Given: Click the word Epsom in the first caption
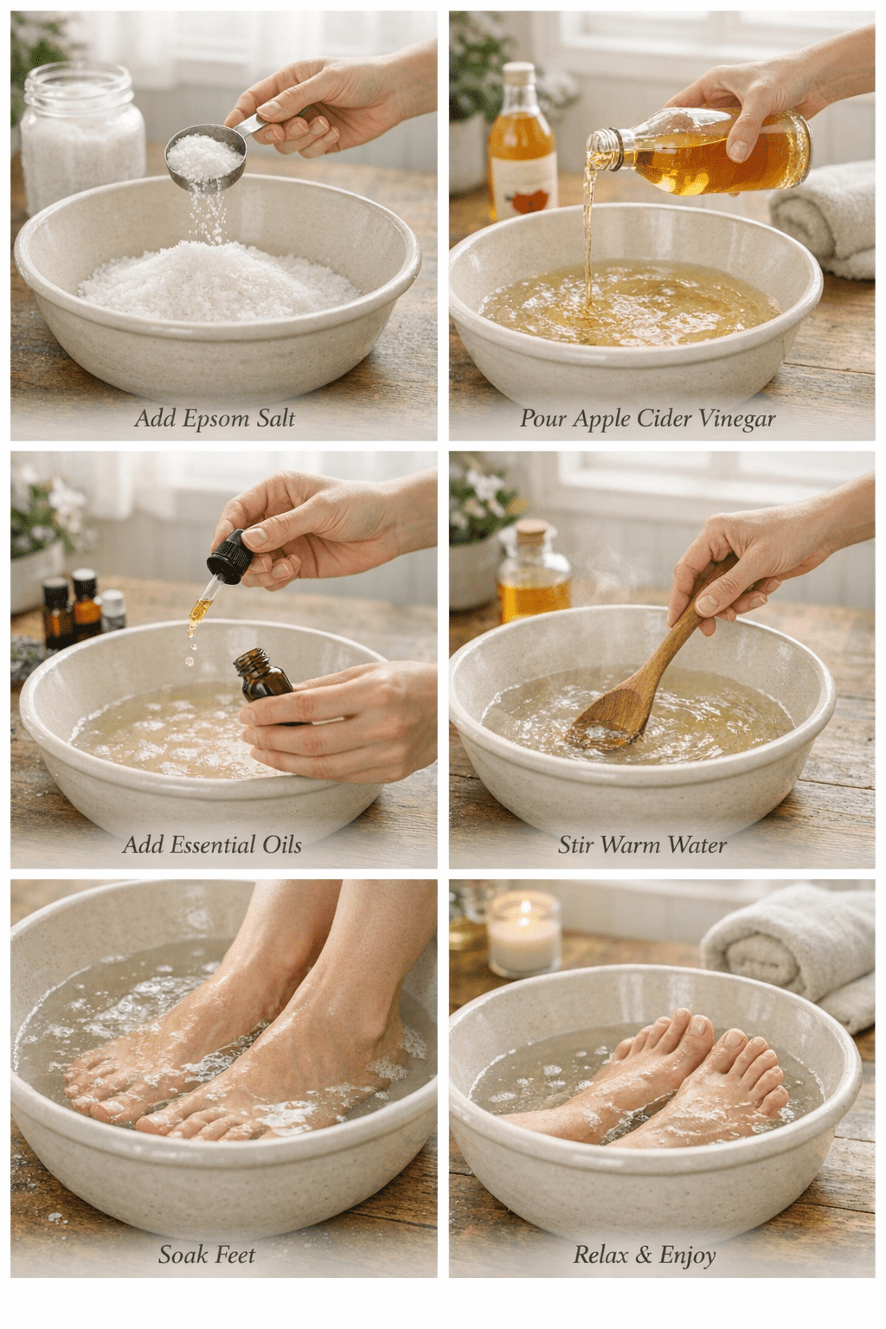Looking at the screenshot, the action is pos(215,420).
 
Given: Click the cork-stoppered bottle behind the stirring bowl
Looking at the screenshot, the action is pos(534,575).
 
